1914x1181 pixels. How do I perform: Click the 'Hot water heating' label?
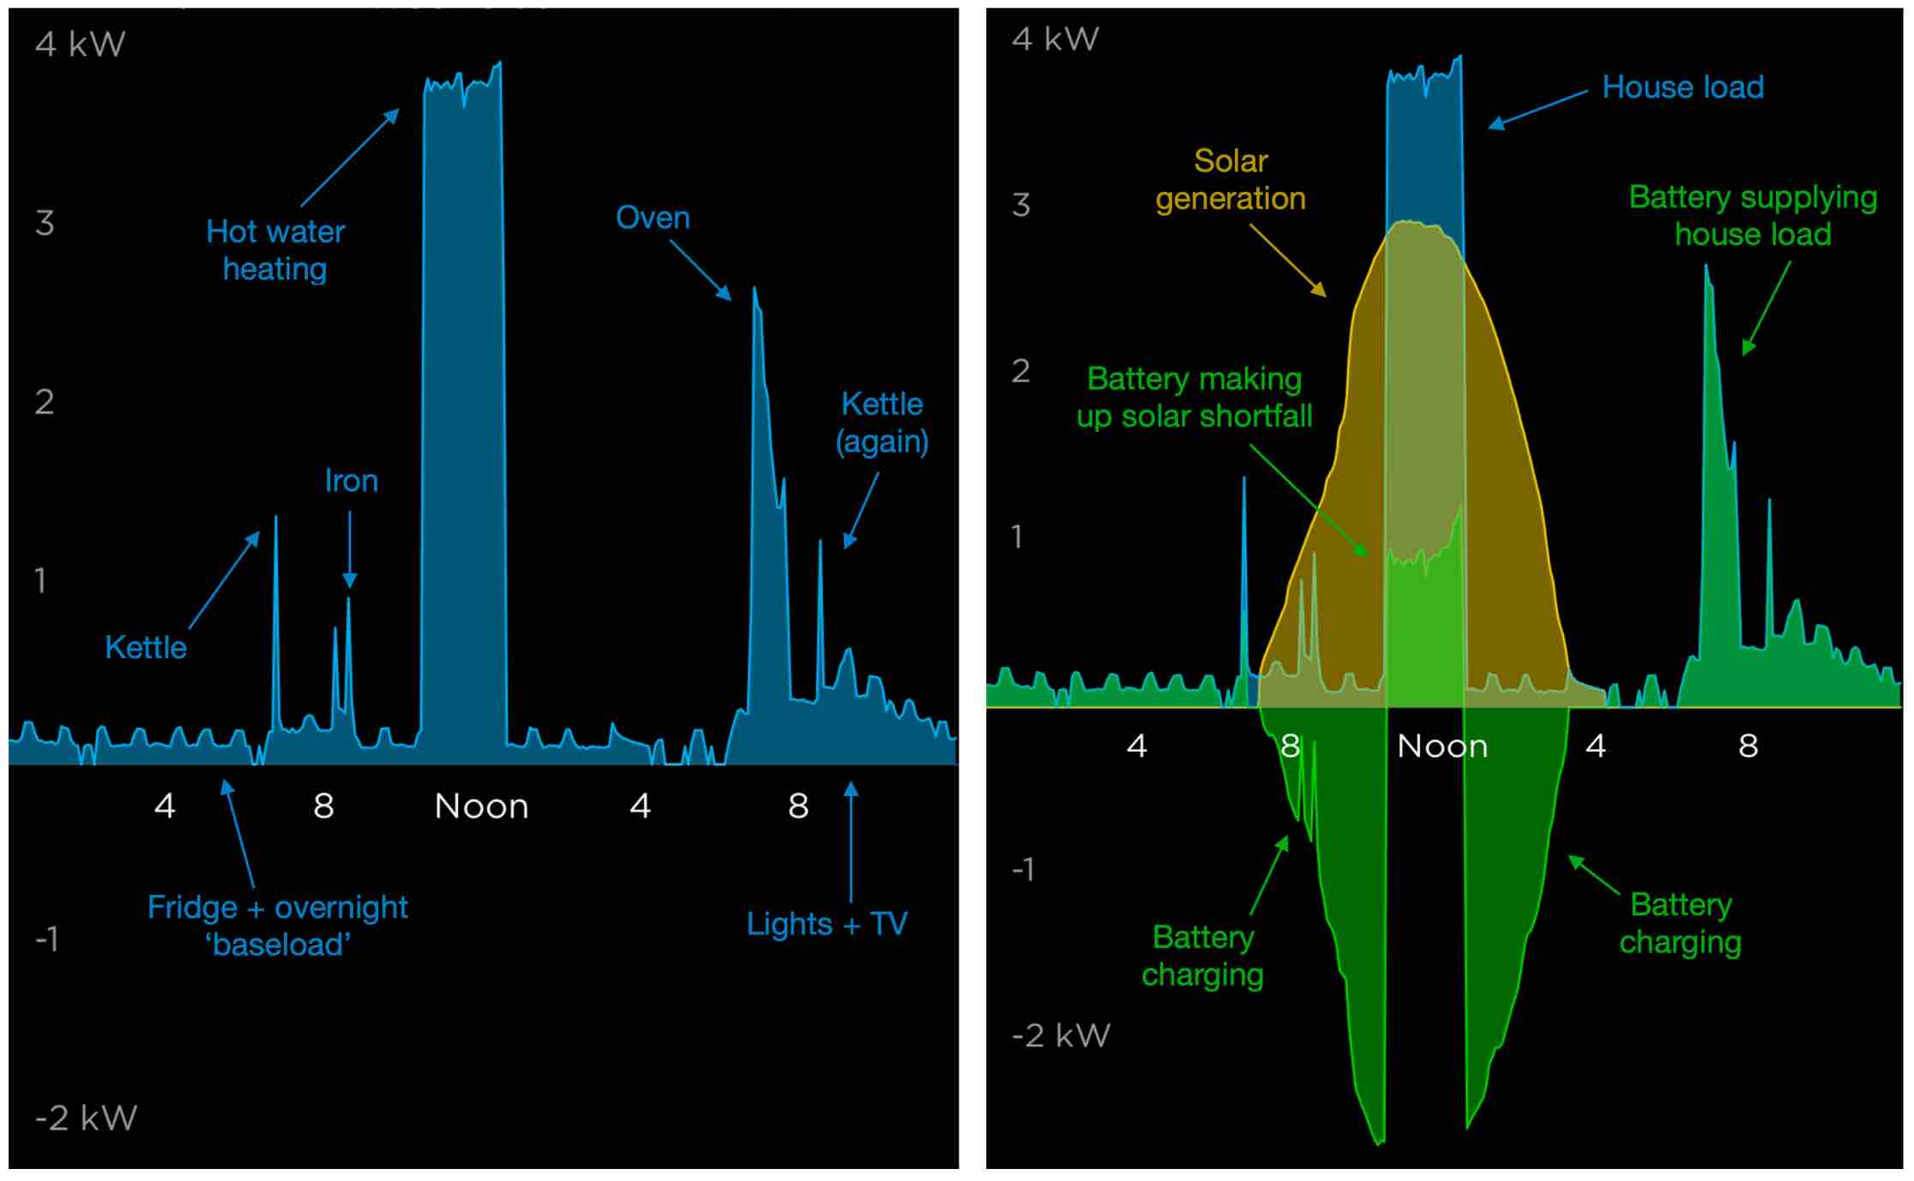click(275, 250)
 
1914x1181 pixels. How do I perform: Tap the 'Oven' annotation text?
click(653, 218)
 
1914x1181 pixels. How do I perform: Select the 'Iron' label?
click(351, 481)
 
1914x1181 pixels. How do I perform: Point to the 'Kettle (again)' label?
click(882, 423)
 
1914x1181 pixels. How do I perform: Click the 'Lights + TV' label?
click(827, 924)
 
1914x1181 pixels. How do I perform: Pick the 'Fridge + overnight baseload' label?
click(277, 926)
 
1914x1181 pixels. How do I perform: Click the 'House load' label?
click(1682, 87)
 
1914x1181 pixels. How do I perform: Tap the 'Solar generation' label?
click(1231, 180)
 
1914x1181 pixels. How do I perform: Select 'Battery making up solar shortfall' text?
click(1194, 398)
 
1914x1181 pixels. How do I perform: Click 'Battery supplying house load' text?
click(1753, 215)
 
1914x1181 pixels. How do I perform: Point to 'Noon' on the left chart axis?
click(481, 806)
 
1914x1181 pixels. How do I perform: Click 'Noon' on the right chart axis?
click(1442, 746)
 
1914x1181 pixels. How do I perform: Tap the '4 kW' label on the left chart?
click(81, 45)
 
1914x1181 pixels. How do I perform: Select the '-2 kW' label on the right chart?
click(1061, 1035)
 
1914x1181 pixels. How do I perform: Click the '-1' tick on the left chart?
click(46, 939)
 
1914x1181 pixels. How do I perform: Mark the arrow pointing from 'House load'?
click(1538, 110)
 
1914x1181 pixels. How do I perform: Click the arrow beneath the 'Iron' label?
click(350, 549)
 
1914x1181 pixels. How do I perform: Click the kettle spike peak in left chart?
click(275, 517)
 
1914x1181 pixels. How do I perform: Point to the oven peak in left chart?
click(755, 289)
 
